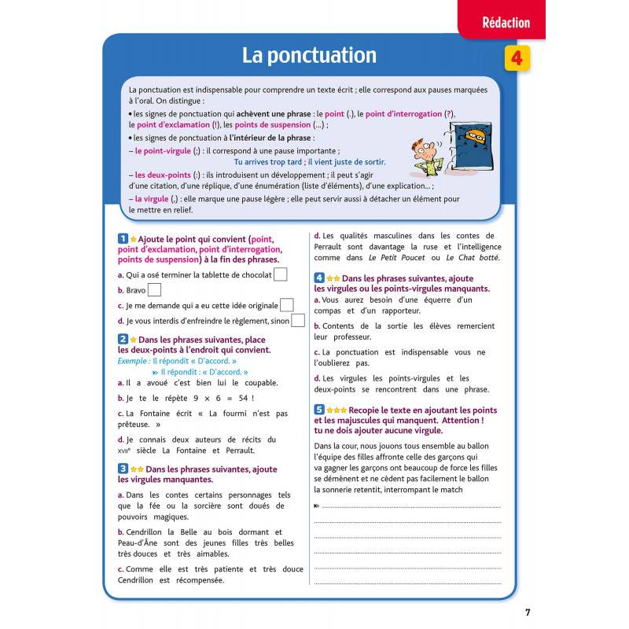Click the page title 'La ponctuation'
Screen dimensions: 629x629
click(309, 56)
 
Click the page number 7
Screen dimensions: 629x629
click(528, 612)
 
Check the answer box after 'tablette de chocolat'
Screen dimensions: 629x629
click(281, 274)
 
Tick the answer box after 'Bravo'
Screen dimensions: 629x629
click(155, 289)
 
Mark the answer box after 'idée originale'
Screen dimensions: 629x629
click(287, 305)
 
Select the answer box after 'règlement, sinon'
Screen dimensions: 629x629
click(298, 320)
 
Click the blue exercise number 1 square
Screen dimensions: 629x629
click(122, 238)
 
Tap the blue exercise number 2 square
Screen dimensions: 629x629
click(122, 339)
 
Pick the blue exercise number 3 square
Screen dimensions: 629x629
click(122, 469)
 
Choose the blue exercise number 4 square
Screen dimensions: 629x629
click(319, 278)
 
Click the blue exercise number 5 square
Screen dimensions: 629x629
click(319, 410)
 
